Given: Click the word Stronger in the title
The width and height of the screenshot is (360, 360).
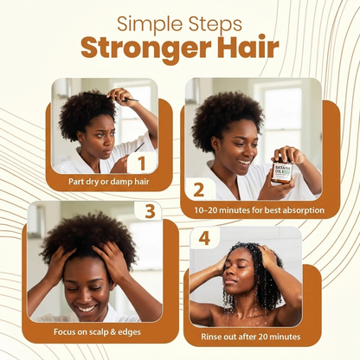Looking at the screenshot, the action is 145,48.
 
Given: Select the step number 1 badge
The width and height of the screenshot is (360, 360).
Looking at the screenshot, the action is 142,163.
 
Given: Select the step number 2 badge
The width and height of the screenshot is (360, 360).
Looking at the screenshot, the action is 199,190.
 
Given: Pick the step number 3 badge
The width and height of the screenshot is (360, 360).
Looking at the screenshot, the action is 150,211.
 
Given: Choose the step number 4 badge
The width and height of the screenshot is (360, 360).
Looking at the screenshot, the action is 204,239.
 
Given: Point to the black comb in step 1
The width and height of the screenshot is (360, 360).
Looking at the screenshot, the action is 111,97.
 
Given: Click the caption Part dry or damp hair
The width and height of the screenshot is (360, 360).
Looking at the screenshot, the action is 109,182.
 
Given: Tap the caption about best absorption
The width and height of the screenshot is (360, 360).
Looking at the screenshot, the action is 260,210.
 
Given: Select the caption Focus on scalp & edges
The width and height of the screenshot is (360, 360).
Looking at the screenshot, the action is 97,331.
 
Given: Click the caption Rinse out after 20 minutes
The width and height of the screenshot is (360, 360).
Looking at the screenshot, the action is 251,337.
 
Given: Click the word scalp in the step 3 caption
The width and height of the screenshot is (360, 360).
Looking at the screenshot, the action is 99,332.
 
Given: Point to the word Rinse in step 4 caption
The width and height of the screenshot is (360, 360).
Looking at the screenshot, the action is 210,337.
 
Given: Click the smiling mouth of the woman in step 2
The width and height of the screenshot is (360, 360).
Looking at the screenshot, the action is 245,164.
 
